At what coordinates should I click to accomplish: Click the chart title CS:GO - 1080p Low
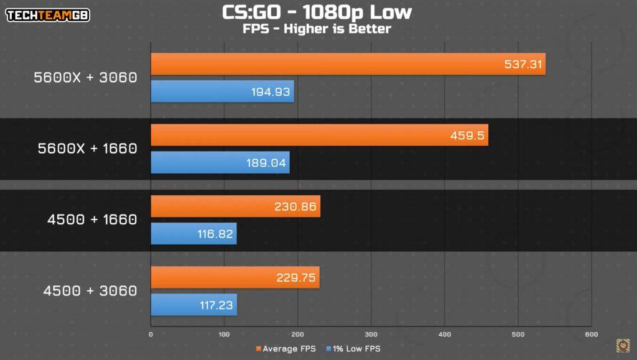[x=317, y=12]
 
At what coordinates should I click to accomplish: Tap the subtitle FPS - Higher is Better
[x=317, y=28]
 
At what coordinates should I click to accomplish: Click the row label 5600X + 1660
[x=87, y=149]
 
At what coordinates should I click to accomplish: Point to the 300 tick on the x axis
[x=371, y=335]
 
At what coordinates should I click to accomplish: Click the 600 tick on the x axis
[x=591, y=335]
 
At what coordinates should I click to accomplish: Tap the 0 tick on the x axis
[x=151, y=335]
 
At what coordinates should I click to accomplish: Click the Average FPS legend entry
[x=286, y=349]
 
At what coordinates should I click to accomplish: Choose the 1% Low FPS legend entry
[x=353, y=349]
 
